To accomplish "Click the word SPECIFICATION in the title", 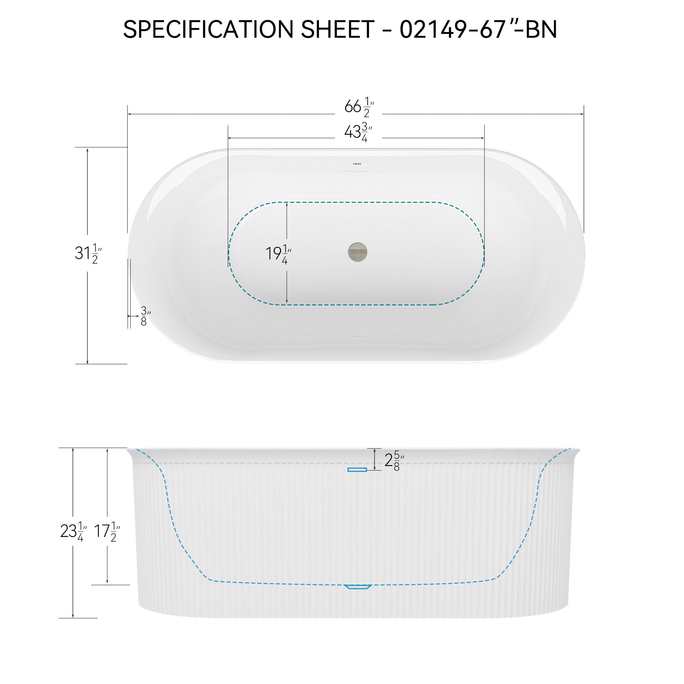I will (x=208, y=30).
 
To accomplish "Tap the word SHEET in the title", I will (x=338, y=30).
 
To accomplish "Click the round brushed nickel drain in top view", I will (x=358, y=252).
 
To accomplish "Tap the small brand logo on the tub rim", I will (x=356, y=163).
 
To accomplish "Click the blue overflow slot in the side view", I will (x=357, y=470).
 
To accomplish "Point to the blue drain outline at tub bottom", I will (x=358, y=587).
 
